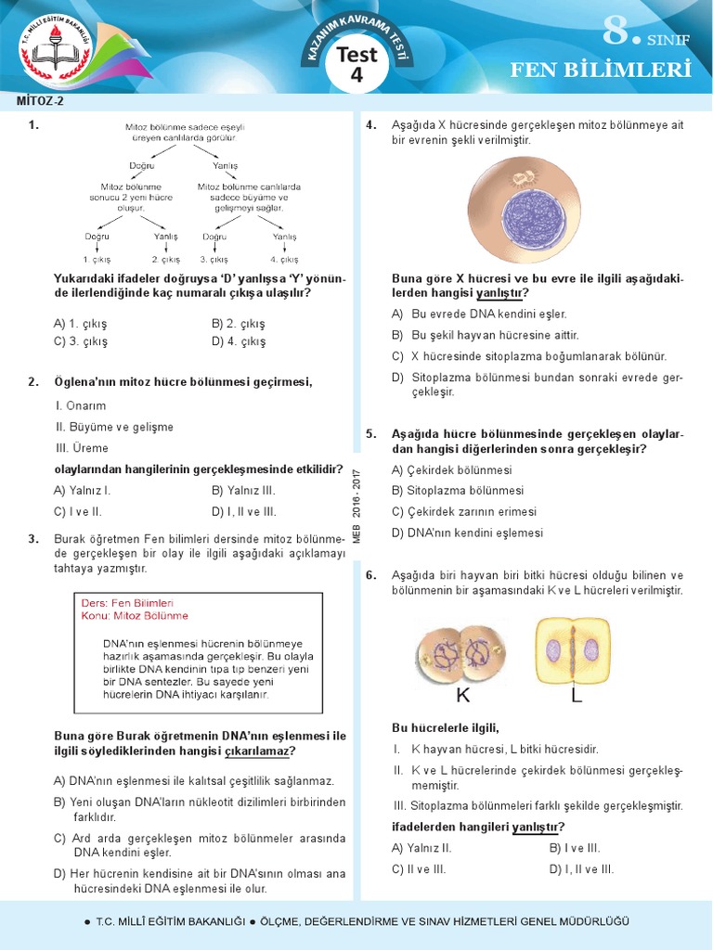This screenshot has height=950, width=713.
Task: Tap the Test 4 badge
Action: click(356, 65)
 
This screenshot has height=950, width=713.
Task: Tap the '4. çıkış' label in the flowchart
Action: click(284, 260)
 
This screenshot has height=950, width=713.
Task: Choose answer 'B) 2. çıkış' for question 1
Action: click(239, 324)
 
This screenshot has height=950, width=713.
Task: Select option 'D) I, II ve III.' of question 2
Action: click(244, 511)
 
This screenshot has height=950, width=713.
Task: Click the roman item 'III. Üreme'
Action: click(77, 448)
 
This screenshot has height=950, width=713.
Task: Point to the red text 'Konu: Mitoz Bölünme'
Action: click(135, 615)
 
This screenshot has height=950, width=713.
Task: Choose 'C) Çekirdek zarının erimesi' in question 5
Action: click(464, 511)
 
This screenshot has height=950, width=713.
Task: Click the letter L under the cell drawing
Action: click(576, 695)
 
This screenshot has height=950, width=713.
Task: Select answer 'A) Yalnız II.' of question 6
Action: click(421, 847)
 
